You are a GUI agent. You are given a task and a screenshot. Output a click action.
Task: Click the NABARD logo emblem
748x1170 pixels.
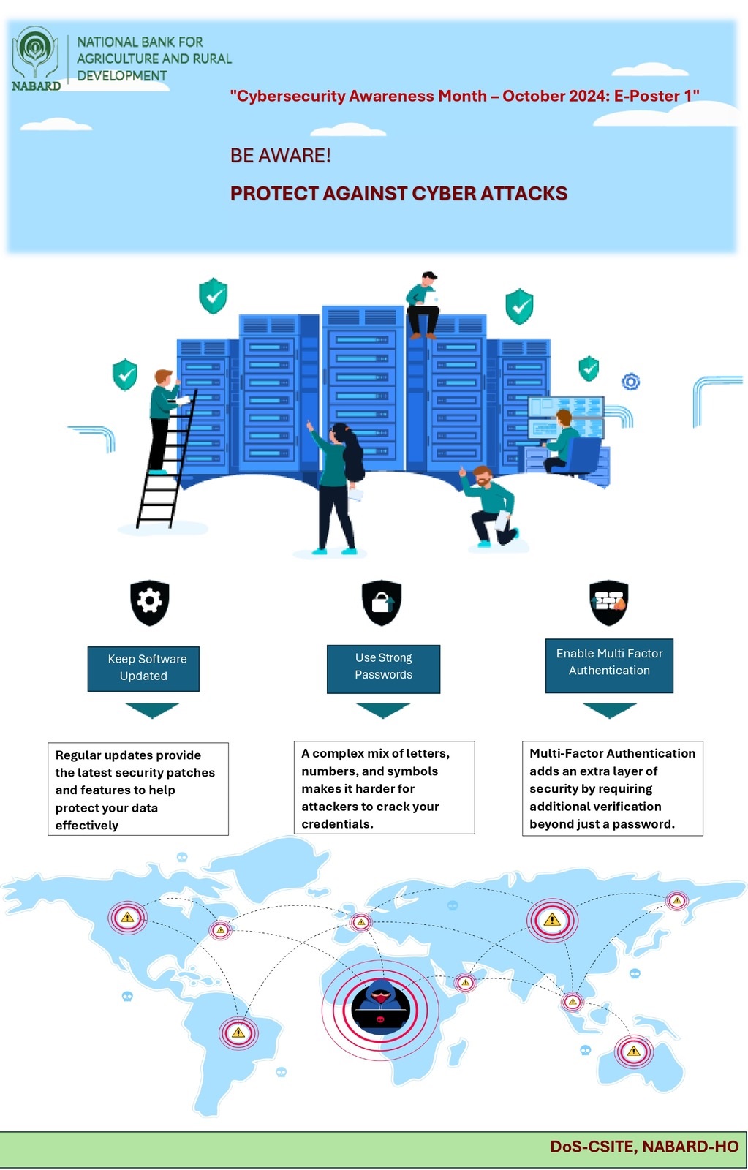coord(35,53)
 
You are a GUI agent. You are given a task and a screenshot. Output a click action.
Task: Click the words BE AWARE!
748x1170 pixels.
coord(281,156)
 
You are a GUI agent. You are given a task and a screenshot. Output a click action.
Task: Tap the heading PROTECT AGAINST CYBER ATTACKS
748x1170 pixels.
coord(398,194)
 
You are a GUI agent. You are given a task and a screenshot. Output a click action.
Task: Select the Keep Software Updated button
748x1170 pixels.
coord(143,668)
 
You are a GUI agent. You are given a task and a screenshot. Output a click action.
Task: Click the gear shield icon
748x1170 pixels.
coord(150,603)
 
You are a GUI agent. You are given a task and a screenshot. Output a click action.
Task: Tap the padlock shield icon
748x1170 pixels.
coord(382,603)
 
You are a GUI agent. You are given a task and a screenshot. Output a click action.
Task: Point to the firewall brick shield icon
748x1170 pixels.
coord(609,603)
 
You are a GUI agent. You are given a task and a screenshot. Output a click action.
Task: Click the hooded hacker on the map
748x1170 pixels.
coord(380,1007)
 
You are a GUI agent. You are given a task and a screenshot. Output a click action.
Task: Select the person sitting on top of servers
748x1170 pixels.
coord(423,305)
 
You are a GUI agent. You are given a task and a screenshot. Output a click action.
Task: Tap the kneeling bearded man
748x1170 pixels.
coord(490,507)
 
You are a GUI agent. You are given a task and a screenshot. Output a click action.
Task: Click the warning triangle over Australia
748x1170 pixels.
coord(633,1052)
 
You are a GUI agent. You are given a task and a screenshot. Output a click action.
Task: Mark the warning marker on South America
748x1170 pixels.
coord(238,1033)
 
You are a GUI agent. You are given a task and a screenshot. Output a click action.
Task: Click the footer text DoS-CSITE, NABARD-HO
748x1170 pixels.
coord(644,1147)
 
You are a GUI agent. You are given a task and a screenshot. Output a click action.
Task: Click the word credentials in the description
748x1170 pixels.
coord(337,824)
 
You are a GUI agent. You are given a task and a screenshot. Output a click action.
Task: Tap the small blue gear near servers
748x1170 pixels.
coord(630,382)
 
